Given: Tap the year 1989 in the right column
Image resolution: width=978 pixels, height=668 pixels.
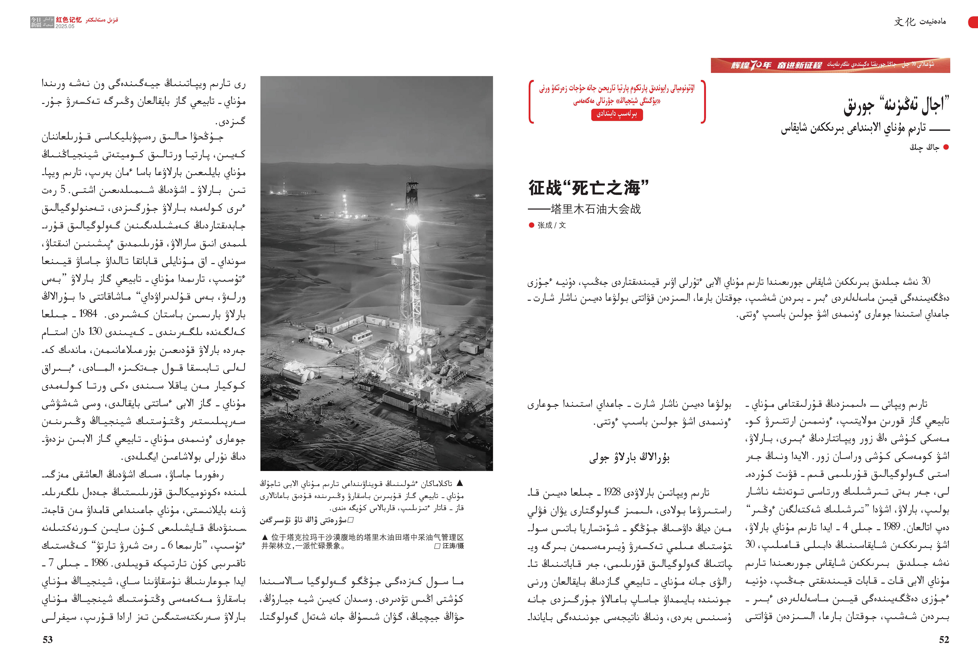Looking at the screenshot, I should [891, 526].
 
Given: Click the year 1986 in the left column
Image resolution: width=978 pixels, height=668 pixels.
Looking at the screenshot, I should [99, 562].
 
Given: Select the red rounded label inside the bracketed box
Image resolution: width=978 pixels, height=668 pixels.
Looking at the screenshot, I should [617, 114].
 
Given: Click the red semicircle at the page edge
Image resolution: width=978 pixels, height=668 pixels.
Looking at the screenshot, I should [974, 22].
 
